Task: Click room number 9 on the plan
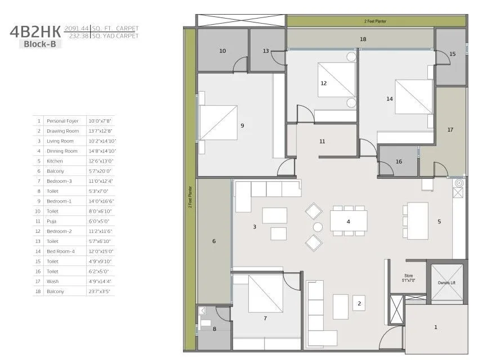[x=242, y=125]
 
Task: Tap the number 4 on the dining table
[x=348, y=222]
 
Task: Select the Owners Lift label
[x=447, y=283]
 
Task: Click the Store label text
[x=408, y=276]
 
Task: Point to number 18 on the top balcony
[x=363, y=39]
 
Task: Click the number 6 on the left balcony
[x=213, y=241]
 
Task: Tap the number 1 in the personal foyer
[x=435, y=327]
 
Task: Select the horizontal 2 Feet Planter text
[x=374, y=21]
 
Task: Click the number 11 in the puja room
[x=322, y=142]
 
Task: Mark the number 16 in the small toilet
[x=399, y=161]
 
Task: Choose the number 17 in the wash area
[x=450, y=130]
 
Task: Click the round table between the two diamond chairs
[x=318, y=227]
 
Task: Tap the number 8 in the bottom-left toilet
[x=214, y=329]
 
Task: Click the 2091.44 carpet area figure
[x=76, y=28]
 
